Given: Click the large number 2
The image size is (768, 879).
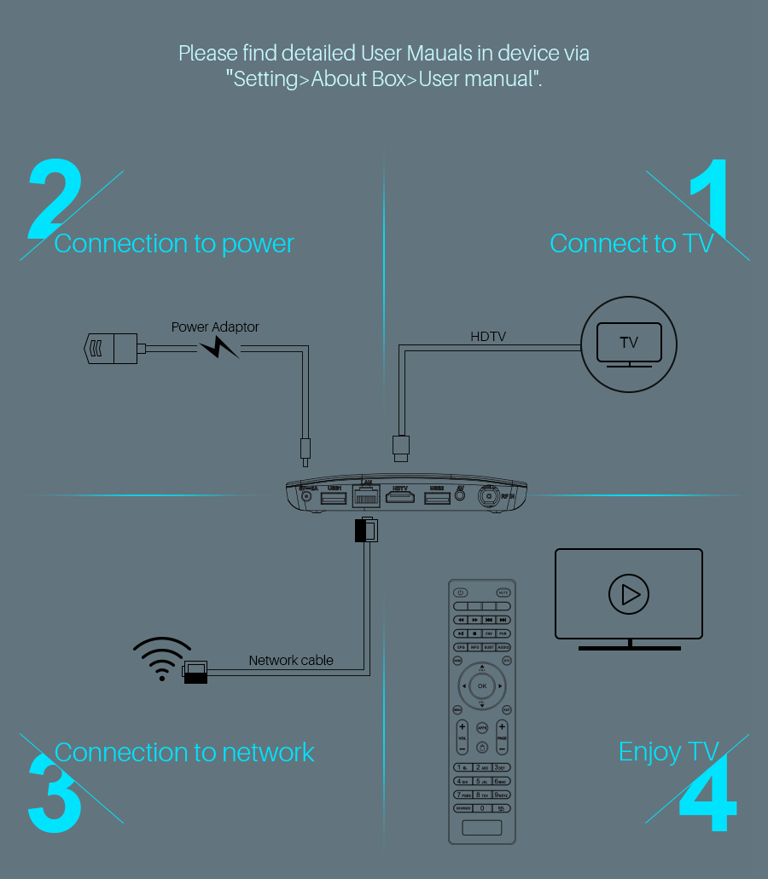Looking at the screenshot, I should tap(55, 200).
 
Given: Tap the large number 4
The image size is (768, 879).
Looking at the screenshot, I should tap(707, 797).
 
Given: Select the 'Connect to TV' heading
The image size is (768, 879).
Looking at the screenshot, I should tap(631, 244).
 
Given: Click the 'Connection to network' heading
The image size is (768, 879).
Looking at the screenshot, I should tap(184, 752).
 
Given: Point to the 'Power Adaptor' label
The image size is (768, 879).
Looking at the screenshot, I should tap(215, 327).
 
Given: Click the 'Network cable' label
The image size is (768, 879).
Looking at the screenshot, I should tap(291, 660).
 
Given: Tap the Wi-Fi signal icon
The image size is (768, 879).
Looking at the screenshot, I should tap(161, 657).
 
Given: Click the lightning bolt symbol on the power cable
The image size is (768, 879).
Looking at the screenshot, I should tap(218, 347).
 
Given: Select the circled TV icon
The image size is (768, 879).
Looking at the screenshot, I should tap(629, 344).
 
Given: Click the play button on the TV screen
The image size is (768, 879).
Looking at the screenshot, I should tap(629, 593).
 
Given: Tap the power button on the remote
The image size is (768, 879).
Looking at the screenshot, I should tap(461, 593).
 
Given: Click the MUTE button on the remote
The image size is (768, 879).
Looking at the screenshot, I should tap(503, 593).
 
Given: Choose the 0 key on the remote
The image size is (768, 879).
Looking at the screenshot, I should tap(482, 807).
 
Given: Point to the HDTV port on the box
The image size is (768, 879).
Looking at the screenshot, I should tap(400, 496).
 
